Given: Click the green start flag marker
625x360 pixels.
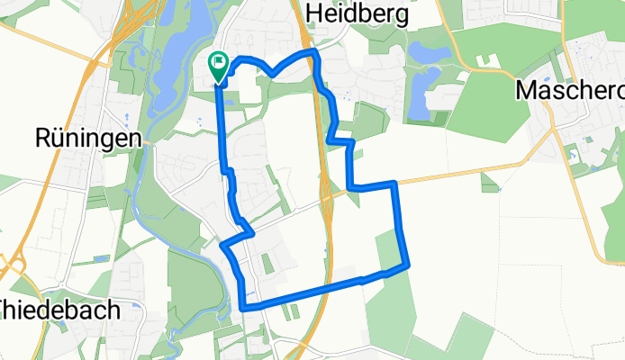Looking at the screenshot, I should (218, 64).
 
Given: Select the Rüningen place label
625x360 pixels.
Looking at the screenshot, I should (89, 138).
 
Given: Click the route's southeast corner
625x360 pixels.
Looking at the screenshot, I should (408, 265).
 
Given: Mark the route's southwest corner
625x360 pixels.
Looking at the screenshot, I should (244, 308).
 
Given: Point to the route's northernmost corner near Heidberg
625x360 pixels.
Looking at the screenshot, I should (314, 55).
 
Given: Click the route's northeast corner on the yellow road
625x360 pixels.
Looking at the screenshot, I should (394, 184).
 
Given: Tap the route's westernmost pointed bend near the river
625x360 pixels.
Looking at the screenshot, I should (222, 243).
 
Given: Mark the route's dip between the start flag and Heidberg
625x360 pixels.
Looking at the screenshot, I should (273, 76).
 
